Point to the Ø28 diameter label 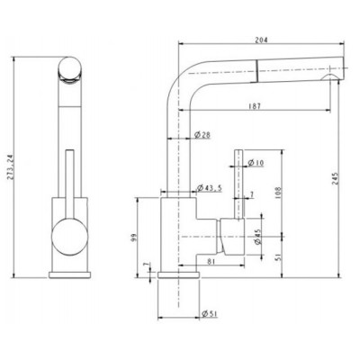click(202, 136)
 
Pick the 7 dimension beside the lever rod click(252, 195)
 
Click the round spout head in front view click(69, 68)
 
